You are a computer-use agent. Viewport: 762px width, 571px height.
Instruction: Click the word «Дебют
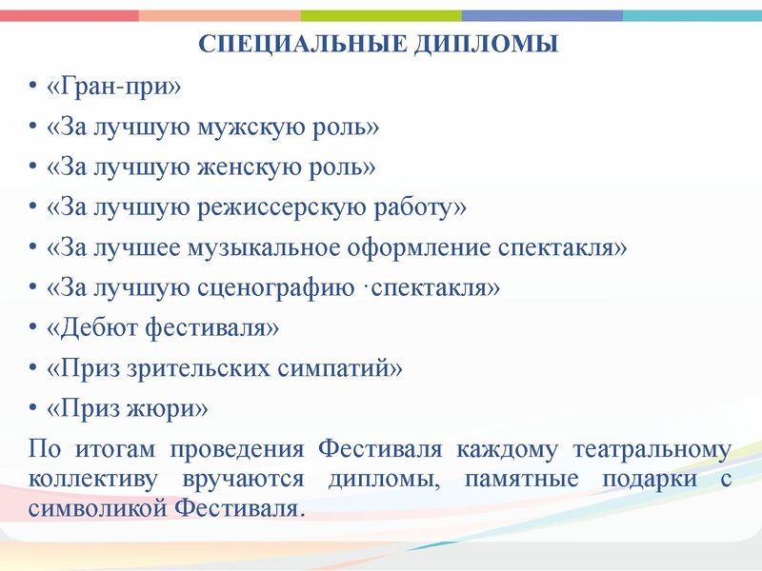(x=92, y=328)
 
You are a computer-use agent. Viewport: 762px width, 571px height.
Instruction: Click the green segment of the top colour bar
(x=381, y=16)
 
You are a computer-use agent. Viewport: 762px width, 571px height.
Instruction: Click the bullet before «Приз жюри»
(x=34, y=409)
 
